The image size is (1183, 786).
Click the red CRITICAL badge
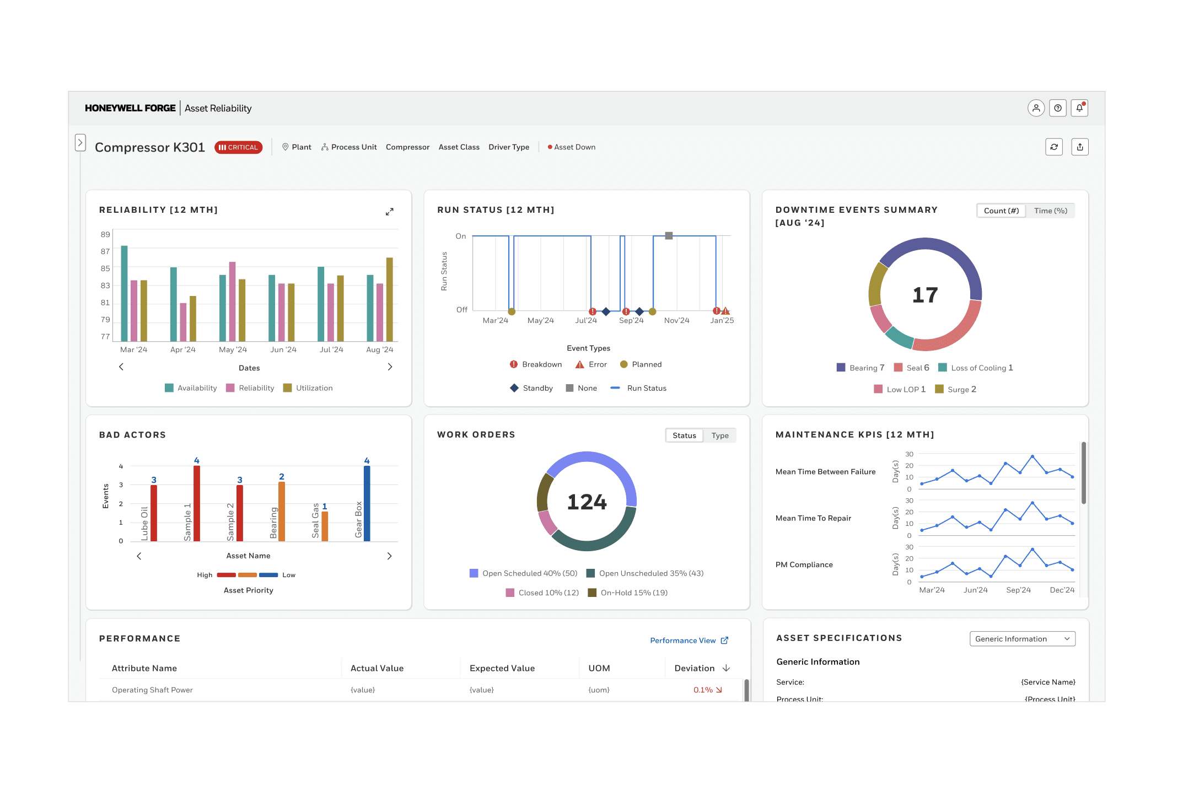tap(238, 147)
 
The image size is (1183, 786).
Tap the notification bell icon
tap(1079, 108)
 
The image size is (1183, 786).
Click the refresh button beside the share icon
tap(1054, 147)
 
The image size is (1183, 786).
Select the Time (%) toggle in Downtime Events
tap(1050, 211)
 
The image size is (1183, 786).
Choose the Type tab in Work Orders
tap(719, 435)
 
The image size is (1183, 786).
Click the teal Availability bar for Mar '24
tap(125, 293)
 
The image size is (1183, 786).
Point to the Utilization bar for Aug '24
tap(389, 299)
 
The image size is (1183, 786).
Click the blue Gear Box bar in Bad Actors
tap(367, 503)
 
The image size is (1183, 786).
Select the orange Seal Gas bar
tap(325, 526)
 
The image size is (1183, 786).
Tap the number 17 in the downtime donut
tap(925, 295)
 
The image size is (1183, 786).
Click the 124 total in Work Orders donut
tap(587, 502)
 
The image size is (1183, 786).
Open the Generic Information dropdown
tap(1022, 639)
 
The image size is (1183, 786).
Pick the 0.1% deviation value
tap(703, 690)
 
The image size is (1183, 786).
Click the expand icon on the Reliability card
tap(390, 212)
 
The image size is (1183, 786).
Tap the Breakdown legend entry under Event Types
tap(536, 364)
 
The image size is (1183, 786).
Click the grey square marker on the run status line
tap(669, 235)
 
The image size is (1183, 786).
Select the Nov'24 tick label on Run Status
tap(676, 320)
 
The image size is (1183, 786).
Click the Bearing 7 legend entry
tap(861, 368)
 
